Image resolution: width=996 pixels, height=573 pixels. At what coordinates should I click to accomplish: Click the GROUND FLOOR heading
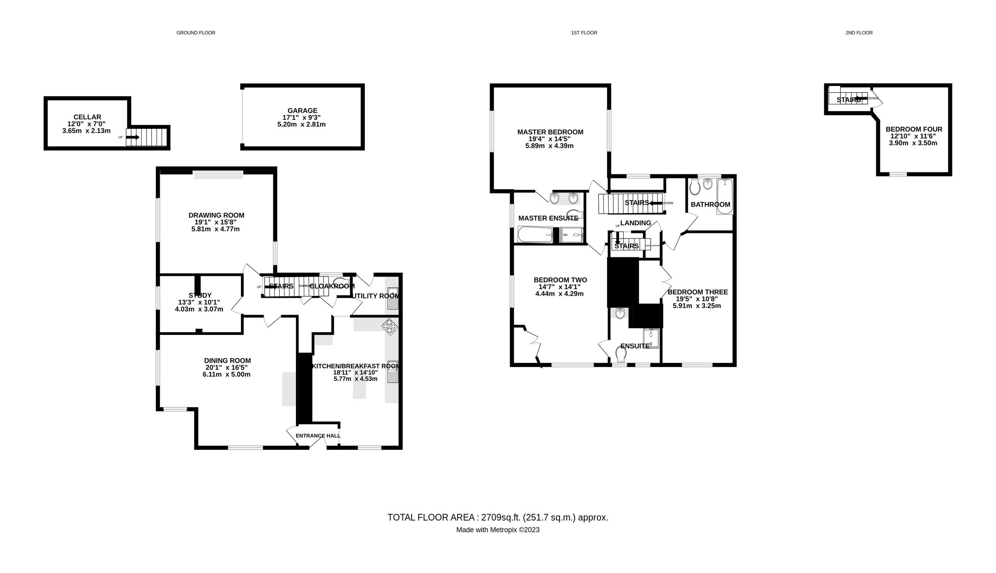pos(195,33)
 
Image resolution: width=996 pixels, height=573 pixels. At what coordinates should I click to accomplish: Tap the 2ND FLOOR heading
pos(859,33)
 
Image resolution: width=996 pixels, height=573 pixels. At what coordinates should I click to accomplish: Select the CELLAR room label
pos(87,117)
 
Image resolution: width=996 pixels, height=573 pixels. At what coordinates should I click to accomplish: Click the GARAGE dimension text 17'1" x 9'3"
pos(302,117)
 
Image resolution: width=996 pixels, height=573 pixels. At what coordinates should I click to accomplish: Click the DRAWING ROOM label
pos(216,215)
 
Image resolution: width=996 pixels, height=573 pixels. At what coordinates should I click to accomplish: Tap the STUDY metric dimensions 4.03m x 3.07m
pos(199,309)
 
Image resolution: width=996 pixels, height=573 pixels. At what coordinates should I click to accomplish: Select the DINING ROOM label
pos(227,361)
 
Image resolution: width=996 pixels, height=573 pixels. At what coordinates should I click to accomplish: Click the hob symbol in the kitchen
pos(390,326)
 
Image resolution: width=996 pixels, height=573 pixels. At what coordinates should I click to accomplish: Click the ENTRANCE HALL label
pos(318,436)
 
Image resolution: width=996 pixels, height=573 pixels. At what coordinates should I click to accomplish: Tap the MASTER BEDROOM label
pos(550,132)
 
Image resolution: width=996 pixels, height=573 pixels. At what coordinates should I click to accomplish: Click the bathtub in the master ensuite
pos(535,235)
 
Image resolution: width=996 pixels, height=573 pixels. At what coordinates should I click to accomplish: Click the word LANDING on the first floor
pos(635,223)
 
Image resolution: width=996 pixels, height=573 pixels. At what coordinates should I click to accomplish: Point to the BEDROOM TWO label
pos(560,280)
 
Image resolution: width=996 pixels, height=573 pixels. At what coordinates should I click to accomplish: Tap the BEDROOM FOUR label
pos(914,129)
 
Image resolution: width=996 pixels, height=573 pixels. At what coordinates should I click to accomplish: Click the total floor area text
pos(498,517)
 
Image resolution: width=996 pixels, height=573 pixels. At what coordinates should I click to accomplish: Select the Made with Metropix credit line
pos(498,530)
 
